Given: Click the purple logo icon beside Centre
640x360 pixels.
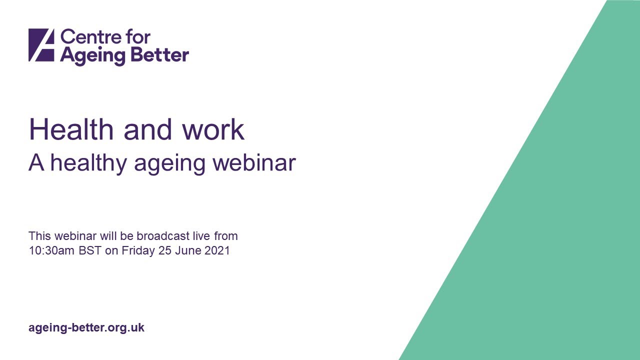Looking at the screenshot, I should point(41,45).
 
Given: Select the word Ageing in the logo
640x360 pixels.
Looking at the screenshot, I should point(91,55).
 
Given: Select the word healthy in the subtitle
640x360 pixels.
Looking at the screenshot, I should point(88,163).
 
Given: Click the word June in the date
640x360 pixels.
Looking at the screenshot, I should point(187,250).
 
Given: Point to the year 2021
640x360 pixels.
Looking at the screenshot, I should point(217,250).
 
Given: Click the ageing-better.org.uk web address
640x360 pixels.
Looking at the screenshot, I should point(86,328).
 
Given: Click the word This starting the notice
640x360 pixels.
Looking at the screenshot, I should point(39,235).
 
